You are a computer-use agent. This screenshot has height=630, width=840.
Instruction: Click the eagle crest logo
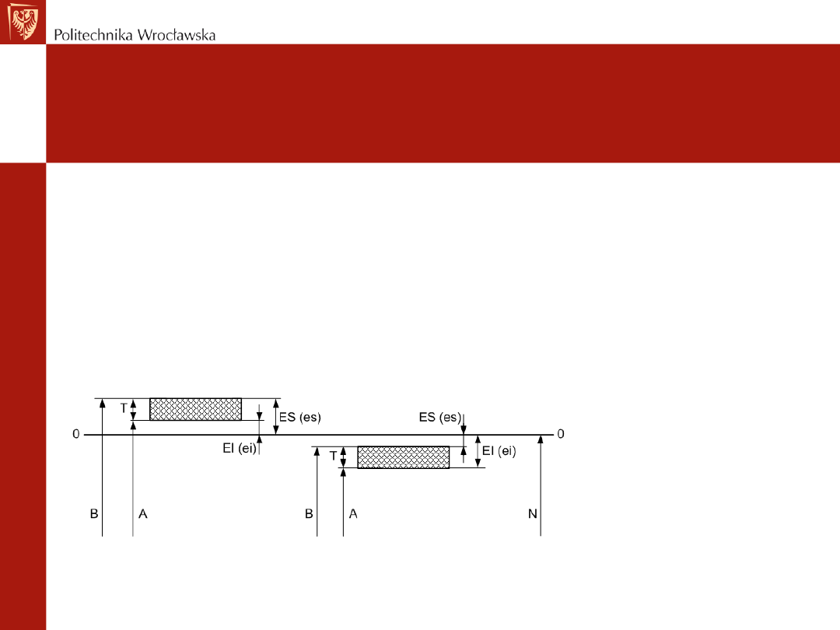point(23,22)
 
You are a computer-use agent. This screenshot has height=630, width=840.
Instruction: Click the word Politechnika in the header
point(93,35)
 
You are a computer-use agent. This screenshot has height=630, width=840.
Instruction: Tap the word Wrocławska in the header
point(177,35)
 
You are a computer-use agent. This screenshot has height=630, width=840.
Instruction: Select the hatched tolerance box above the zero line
point(195,409)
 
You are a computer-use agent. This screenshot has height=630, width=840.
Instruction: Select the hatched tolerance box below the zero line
point(404,457)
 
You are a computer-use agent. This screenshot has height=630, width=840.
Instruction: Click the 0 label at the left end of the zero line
point(76,434)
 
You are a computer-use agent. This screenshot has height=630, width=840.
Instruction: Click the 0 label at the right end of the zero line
point(560,434)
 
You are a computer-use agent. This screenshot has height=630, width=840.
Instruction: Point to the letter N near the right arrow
point(533,514)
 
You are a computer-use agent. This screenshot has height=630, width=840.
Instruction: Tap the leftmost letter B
point(94,514)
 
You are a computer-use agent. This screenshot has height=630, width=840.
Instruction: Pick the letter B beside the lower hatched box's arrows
point(309,514)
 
